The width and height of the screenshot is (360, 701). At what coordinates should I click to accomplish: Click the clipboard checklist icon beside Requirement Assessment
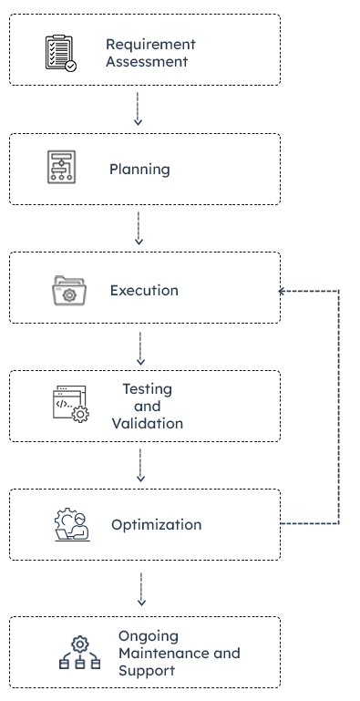click(61, 53)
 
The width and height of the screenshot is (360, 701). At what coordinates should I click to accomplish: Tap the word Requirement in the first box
click(150, 44)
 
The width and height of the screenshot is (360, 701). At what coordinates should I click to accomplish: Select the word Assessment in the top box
click(147, 62)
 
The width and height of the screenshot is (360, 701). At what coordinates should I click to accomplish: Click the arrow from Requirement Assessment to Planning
click(139, 108)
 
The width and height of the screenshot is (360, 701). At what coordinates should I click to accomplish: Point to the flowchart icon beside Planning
click(61, 168)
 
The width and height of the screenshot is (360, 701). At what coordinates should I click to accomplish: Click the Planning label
click(139, 170)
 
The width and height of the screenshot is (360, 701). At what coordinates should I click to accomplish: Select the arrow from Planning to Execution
click(139, 228)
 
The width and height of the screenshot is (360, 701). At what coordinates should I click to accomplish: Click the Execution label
click(144, 291)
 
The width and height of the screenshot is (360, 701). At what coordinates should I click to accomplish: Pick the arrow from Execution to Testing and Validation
click(139, 347)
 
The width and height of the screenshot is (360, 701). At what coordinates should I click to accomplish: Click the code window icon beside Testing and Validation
click(69, 404)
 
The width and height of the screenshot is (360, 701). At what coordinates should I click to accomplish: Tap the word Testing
click(147, 388)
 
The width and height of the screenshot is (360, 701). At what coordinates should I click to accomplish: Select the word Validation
click(147, 423)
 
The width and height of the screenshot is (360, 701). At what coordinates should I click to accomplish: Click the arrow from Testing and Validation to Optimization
click(139, 465)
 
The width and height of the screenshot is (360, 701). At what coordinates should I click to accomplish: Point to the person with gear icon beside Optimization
click(71, 525)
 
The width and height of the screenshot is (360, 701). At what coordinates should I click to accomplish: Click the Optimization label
click(157, 525)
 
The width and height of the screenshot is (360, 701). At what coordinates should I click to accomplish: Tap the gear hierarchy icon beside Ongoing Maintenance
click(79, 653)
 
